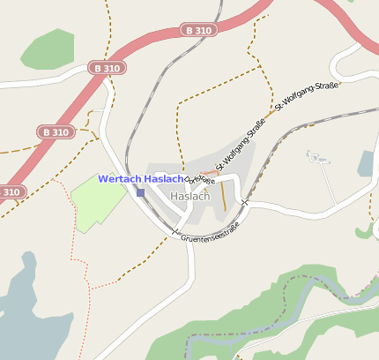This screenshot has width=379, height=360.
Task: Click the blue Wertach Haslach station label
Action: point(141,179)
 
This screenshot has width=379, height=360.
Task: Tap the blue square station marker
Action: point(140,192)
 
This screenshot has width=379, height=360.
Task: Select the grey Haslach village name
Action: point(190,196)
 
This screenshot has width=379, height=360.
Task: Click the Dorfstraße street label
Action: point(199,178)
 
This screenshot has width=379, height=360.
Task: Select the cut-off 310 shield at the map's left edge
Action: point(10,191)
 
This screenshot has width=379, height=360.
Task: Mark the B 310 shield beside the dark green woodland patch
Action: point(108,67)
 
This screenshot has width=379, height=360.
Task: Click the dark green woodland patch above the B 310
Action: point(48,49)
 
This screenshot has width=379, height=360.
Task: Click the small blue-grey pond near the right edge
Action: point(367,164)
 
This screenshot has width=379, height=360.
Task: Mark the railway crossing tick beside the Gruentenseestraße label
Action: point(175,234)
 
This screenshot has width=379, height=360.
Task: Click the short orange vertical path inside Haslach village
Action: point(224,196)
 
